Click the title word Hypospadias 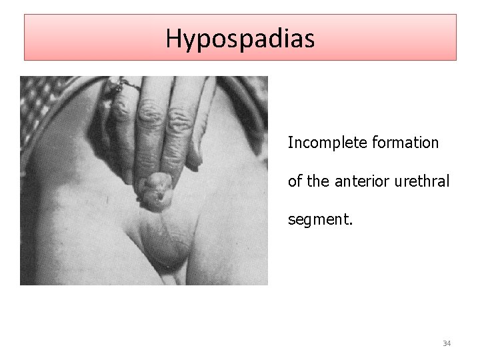coord(240,38)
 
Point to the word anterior coord(356,181)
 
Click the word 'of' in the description coord(294,181)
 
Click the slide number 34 coord(447,343)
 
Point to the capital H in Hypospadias coord(174,38)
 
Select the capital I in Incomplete coord(290,143)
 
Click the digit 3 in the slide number coord(445,343)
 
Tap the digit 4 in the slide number coord(449,343)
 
